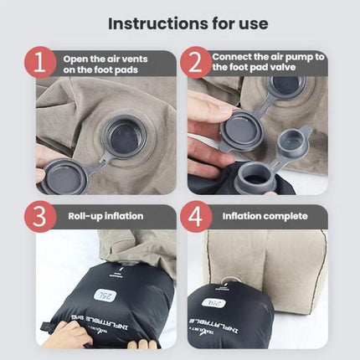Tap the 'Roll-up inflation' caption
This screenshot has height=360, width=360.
tap(105, 216)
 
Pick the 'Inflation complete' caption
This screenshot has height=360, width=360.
tap(265, 216)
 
